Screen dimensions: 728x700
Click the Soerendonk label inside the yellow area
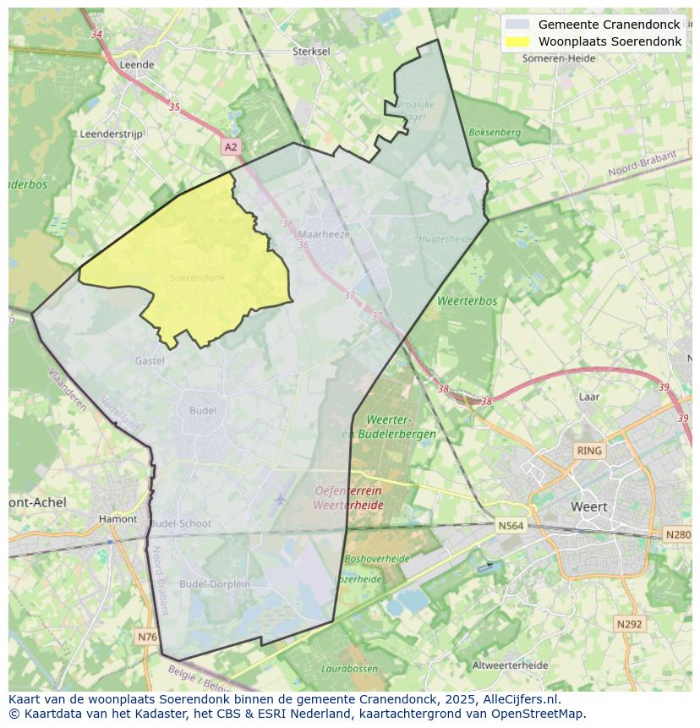197,277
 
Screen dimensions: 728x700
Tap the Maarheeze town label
324,234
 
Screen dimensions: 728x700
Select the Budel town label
203,411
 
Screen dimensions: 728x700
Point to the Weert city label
589,506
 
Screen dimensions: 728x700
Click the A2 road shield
231,147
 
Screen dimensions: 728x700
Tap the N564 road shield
511,526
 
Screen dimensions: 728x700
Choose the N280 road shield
678,534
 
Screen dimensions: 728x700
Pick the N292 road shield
629,624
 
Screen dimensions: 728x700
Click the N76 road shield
146,636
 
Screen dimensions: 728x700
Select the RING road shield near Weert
588,451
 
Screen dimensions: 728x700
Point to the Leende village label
137,64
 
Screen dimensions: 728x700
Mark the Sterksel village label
311,52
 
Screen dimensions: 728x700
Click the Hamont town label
118,519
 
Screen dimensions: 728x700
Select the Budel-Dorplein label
215,584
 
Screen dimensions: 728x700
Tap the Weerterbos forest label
468,301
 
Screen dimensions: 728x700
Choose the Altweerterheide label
510,665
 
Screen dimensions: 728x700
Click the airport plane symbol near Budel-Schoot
280,499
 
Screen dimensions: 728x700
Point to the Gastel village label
150,361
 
